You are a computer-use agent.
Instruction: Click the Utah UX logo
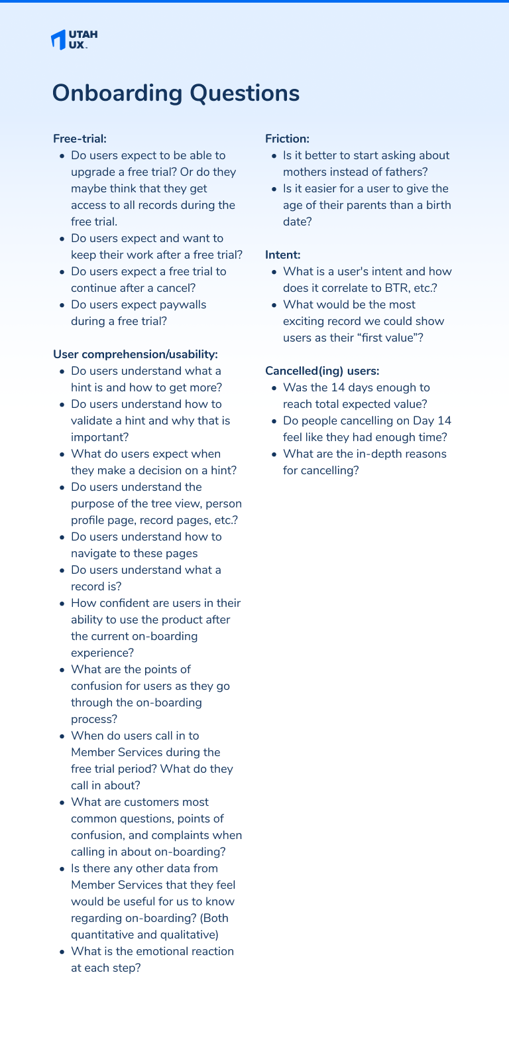[74, 39]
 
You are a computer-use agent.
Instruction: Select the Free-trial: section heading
[80, 139]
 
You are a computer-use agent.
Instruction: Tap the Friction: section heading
[287, 139]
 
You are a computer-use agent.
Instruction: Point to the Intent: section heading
[282, 255]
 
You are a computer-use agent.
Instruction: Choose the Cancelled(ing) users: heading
[322, 371]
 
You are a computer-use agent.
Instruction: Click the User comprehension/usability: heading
[135, 354]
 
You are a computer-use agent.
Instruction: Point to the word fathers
[405, 172]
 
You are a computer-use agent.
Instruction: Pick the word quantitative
[102, 935]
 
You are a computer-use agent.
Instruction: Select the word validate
[91, 421]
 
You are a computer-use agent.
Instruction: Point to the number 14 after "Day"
[444, 421]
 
